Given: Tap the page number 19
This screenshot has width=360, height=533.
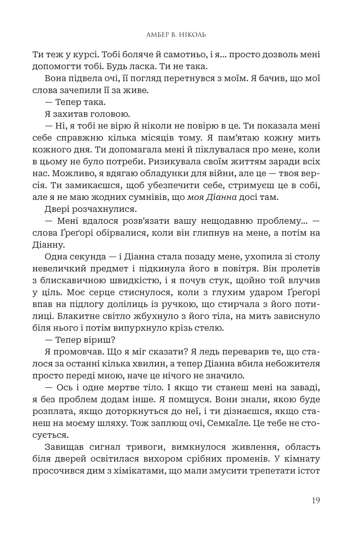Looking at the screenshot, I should pos(314,501).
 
